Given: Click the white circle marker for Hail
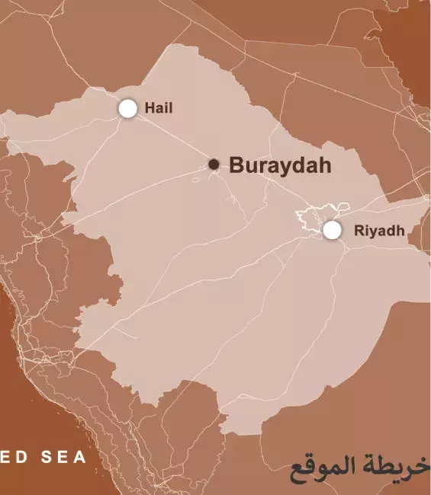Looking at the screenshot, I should pyautogui.click(x=128, y=109).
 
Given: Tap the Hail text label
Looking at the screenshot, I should pyautogui.click(x=159, y=108).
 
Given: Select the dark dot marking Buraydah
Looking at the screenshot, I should pyautogui.click(x=214, y=164).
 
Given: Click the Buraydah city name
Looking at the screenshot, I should pyautogui.click(x=280, y=165).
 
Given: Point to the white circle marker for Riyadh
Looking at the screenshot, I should pyautogui.click(x=332, y=230).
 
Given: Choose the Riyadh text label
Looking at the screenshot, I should pyautogui.click(x=379, y=231).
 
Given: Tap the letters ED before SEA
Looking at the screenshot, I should pyautogui.click(x=14, y=458).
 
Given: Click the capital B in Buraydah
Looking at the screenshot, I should pyautogui.click(x=236, y=165).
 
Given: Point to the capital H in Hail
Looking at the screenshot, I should pyautogui.click(x=150, y=108).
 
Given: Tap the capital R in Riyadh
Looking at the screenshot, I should pyautogui.click(x=359, y=231).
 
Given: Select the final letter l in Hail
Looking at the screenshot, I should pyautogui.click(x=171, y=108).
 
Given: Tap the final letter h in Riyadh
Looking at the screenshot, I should pyautogui.click(x=400, y=231).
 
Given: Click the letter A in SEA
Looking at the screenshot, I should pyautogui.click(x=80, y=458).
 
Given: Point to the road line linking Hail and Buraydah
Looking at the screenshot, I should pyautogui.click(x=172, y=137).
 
